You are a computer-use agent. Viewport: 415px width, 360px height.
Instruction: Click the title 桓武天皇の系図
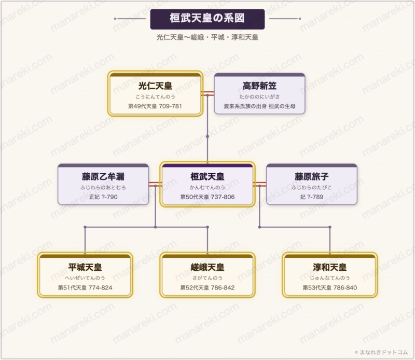coord(207,18)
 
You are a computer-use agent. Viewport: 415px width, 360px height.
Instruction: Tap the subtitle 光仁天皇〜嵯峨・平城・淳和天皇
coord(207,37)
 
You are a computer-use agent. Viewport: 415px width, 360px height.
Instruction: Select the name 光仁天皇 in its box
coord(155,86)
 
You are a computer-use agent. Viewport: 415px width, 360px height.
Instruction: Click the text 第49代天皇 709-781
coord(155,106)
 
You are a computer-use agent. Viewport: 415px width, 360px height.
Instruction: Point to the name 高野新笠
coord(259,86)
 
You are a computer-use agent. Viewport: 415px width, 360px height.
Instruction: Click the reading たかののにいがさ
coord(259,96)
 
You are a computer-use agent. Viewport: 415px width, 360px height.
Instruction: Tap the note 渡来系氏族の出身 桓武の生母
coord(259,106)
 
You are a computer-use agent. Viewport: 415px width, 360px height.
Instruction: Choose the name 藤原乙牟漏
coord(103,176)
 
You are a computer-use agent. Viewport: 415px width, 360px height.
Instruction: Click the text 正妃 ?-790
coord(103,197)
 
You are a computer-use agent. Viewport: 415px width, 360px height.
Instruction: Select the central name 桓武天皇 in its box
coord(208,176)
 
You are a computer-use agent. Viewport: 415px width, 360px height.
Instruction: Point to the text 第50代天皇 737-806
coord(208,197)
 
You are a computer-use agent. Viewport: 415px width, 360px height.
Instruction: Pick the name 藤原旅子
coord(311,176)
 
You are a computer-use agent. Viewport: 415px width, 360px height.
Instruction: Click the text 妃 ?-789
coord(311,197)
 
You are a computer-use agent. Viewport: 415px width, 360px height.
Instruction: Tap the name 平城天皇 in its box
coord(85,267)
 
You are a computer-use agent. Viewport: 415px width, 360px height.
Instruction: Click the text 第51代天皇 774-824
coord(85,287)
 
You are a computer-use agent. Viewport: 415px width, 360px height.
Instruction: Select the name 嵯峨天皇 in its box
coord(208,267)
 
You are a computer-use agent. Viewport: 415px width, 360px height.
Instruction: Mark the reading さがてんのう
coord(208,278)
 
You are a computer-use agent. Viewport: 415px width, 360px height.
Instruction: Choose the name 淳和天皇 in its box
coord(330,267)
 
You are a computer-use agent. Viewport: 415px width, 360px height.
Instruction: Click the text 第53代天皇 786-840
coord(330,287)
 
